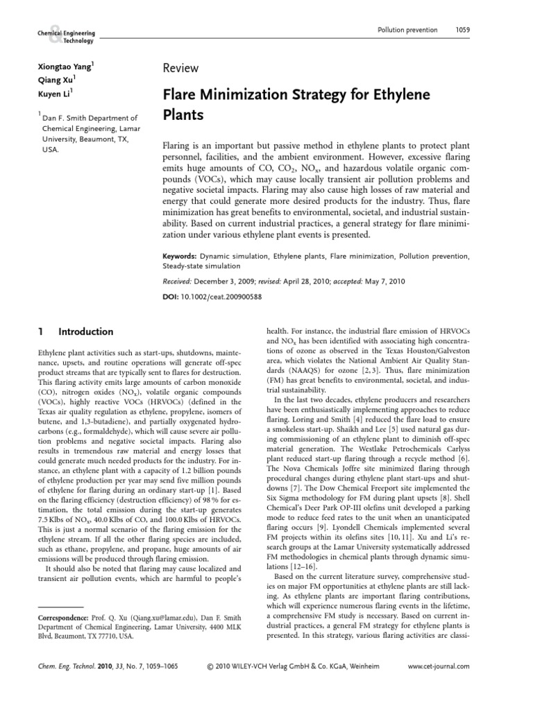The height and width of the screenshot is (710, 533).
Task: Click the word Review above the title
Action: (180, 68)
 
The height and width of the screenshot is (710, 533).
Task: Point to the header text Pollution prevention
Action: (407, 30)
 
